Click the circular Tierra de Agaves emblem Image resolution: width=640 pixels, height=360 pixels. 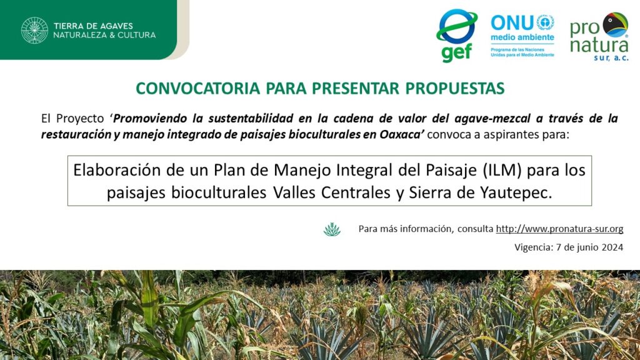coord(35,30)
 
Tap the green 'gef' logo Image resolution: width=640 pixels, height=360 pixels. coord(457,36)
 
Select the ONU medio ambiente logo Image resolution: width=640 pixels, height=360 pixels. coord(522,36)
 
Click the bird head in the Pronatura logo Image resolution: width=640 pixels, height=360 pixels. coord(615,24)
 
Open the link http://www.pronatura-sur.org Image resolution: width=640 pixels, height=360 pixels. coord(559,229)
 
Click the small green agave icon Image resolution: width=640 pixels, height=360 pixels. coord(332,229)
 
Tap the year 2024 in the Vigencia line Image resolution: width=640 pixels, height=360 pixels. coord(612,247)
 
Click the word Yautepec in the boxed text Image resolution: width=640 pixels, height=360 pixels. coord(516,192)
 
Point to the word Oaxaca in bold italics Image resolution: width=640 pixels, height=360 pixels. coord(402,134)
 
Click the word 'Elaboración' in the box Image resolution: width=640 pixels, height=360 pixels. coord(117,170)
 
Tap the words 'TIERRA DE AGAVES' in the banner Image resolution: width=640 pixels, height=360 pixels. coord(93,26)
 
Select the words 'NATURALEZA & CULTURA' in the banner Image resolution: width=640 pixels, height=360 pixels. coord(104,35)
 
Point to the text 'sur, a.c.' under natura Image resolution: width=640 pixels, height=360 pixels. coord(611,58)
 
